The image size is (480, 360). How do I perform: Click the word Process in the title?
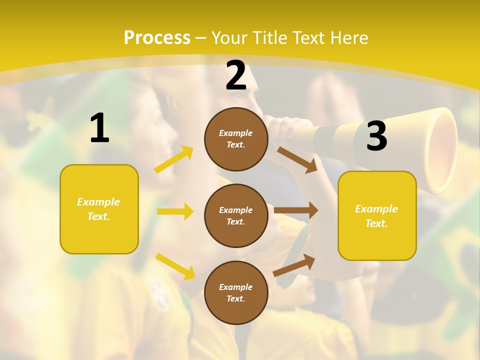[x=157, y=38]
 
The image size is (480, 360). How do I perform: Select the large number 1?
[x=99, y=128]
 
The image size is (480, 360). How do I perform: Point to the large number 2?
[x=236, y=75]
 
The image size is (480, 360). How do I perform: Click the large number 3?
[x=376, y=136]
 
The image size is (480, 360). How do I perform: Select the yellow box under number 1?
[x=99, y=209]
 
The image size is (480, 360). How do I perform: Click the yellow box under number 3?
[x=377, y=216]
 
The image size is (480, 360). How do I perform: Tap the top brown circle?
[x=236, y=139]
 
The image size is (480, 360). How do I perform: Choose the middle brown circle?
[x=236, y=215]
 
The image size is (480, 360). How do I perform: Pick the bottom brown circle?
[x=236, y=292]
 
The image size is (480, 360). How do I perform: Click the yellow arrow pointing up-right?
[x=174, y=159]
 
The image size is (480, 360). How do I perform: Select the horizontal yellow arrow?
[x=175, y=211]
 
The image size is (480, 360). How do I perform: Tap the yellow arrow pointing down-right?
[x=175, y=266]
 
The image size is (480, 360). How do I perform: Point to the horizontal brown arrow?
[x=296, y=210]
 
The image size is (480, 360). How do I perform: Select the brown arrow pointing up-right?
[x=294, y=265]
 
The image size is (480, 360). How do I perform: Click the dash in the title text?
[x=201, y=38]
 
